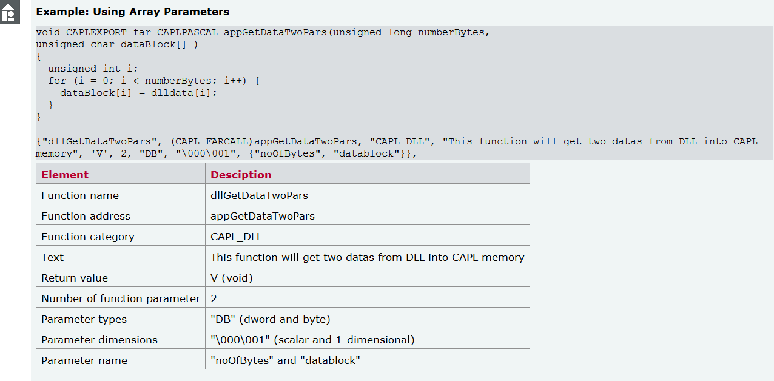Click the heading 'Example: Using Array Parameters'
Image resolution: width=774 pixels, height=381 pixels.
point(132,12)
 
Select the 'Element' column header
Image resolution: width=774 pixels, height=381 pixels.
point(65,175)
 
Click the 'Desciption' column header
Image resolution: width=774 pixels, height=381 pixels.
point(241,175)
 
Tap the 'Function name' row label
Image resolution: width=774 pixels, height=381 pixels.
point(80,195)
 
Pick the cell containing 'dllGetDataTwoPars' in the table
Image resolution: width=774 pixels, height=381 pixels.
point(259,195)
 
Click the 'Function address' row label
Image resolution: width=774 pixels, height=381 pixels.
point(86,216)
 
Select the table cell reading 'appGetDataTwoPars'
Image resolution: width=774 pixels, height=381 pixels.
point(263,216)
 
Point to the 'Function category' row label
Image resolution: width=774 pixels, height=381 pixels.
point(88,237)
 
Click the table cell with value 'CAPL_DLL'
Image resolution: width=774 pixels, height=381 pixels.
point(237,237)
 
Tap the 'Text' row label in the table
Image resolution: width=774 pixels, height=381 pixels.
point(52,257)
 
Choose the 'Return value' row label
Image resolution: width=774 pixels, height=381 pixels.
point(75,278)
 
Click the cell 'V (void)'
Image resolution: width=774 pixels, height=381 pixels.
point(232,278)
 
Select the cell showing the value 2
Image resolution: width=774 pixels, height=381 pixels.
point(214,298)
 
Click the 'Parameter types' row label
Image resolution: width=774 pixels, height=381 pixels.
point(84,319)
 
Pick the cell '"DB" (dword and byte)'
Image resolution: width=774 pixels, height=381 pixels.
point(270,319)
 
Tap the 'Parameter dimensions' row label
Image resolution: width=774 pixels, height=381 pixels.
point(99,340)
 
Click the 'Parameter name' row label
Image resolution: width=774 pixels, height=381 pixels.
point(84,360)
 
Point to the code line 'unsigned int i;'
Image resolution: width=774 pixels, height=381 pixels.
point(93,69)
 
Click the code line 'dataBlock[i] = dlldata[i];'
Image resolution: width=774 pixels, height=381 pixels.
point(138,93)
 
